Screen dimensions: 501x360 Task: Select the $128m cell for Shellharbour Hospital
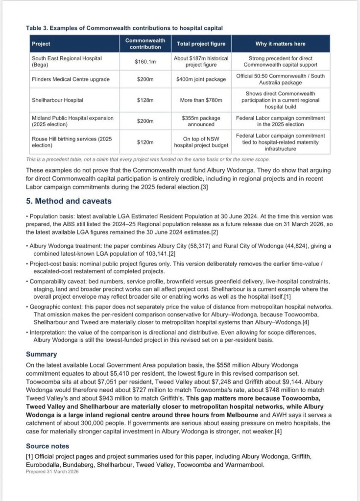coord(145,100)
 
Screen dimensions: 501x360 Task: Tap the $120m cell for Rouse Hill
coord(145,143)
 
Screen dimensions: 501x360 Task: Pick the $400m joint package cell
coord(201,79)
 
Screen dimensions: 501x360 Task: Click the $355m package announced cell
coord(201,121)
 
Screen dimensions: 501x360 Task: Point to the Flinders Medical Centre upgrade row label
coord(71,79)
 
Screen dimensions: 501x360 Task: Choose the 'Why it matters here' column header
coord(280,44)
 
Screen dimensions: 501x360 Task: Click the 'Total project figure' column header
coord(201,44)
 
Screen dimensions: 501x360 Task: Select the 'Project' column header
coord(41,44)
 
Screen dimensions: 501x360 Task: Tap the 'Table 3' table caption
coord(124,28)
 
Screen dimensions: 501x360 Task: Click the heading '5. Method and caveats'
coord(69,201)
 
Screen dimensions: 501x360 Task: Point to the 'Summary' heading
coord(42,354)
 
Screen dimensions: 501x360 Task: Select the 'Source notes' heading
coord(48,446)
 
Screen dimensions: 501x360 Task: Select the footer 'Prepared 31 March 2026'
coord(52,472)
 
